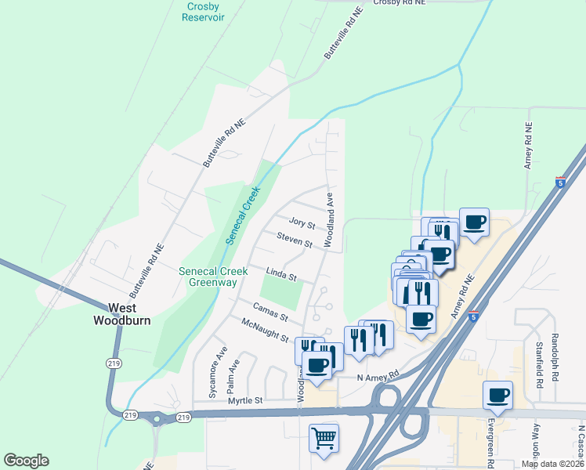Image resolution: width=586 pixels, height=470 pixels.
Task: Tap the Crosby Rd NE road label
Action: pos(399,3)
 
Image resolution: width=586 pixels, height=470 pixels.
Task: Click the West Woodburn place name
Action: pos(121,314)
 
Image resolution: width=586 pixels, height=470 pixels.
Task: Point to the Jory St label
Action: pos(302,225)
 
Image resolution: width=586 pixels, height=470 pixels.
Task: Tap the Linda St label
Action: pos(282,276)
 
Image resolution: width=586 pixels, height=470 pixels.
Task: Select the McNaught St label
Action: pos(266,330)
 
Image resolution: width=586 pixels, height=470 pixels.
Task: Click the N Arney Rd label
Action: pos(378,376)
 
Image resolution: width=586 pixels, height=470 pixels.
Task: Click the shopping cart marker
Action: pos(323,439)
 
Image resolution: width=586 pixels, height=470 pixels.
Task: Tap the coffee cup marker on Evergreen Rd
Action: pos(497,395)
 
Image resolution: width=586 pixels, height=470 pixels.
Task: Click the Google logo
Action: pos(26,461)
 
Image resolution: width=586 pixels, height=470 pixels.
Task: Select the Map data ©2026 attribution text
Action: pos(552,463)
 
